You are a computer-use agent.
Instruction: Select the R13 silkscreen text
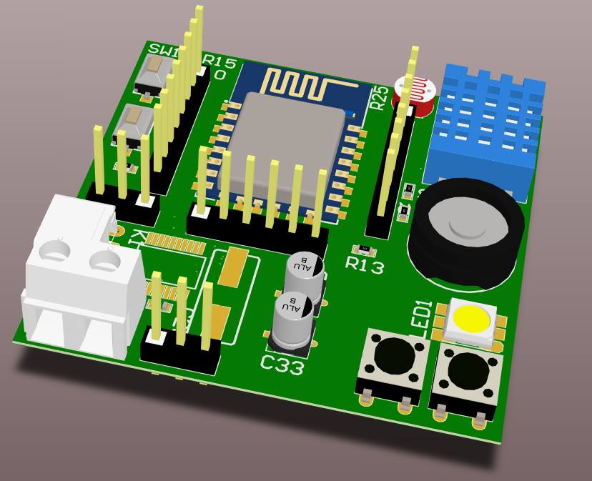tap(365, 265)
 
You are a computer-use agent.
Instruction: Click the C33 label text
tap(281, 365)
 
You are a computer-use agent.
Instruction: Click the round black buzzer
tap(465, 229)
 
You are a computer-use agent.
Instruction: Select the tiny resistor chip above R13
tap(366, 249)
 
